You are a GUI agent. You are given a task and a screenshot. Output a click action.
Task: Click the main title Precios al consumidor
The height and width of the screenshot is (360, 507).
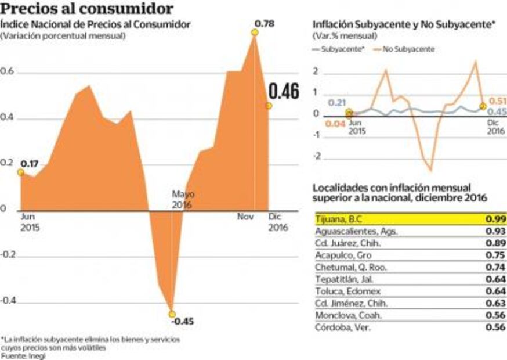tap(87, 9)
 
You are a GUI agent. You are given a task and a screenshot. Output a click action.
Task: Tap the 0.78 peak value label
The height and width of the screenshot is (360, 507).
tap(265, 24)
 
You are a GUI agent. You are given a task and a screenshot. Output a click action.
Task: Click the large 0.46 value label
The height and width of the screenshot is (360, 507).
tap(283, 92)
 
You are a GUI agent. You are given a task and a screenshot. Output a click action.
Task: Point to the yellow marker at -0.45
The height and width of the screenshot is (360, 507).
tap(171, 314)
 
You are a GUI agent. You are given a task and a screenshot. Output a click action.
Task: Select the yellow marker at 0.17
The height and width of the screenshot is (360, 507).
tap(21, 172)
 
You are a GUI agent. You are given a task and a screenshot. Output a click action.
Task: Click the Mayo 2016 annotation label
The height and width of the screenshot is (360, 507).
tap(183, 200)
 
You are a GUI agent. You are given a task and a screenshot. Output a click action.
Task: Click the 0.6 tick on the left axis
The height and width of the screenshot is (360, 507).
tap(8, 73)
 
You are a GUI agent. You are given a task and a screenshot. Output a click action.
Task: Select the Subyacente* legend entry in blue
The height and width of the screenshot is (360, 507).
tap(342, 49)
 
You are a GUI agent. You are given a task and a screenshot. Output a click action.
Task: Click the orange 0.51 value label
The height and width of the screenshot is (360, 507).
tap(498, 100)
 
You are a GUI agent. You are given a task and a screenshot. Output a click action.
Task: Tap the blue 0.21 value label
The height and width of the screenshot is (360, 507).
tap(337, 103)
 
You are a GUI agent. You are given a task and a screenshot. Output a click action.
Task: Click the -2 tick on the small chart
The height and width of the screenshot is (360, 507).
tap(316, 157)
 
